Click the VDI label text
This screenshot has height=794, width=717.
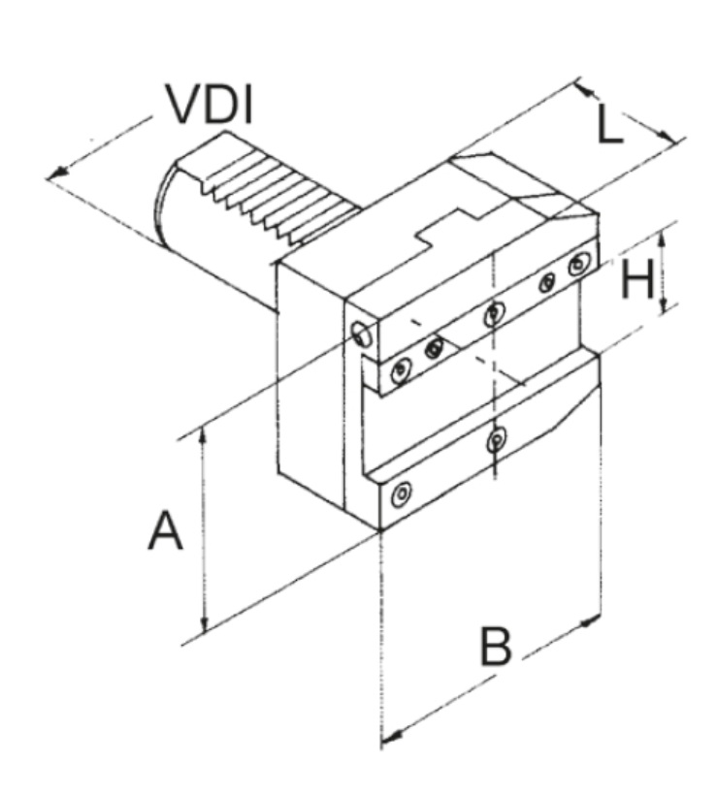pyautogui.click(x=209, y=105)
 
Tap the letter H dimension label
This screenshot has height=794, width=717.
pyautogui.click(x=637, y=280)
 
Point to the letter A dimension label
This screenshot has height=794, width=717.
pyautogui.click(x=165, y=531)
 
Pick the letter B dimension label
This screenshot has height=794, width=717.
pyautogui.click(x=496, y=646)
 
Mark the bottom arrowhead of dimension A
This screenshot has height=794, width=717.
pyautogui.click(x=203, y=625)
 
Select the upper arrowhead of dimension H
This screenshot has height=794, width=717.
pyautogui.click(x=665, y=237)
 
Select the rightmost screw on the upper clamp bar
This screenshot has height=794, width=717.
pyautogui.click(x=580, y=263)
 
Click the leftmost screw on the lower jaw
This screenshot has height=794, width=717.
pyautogui.click(x=399, y=497)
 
